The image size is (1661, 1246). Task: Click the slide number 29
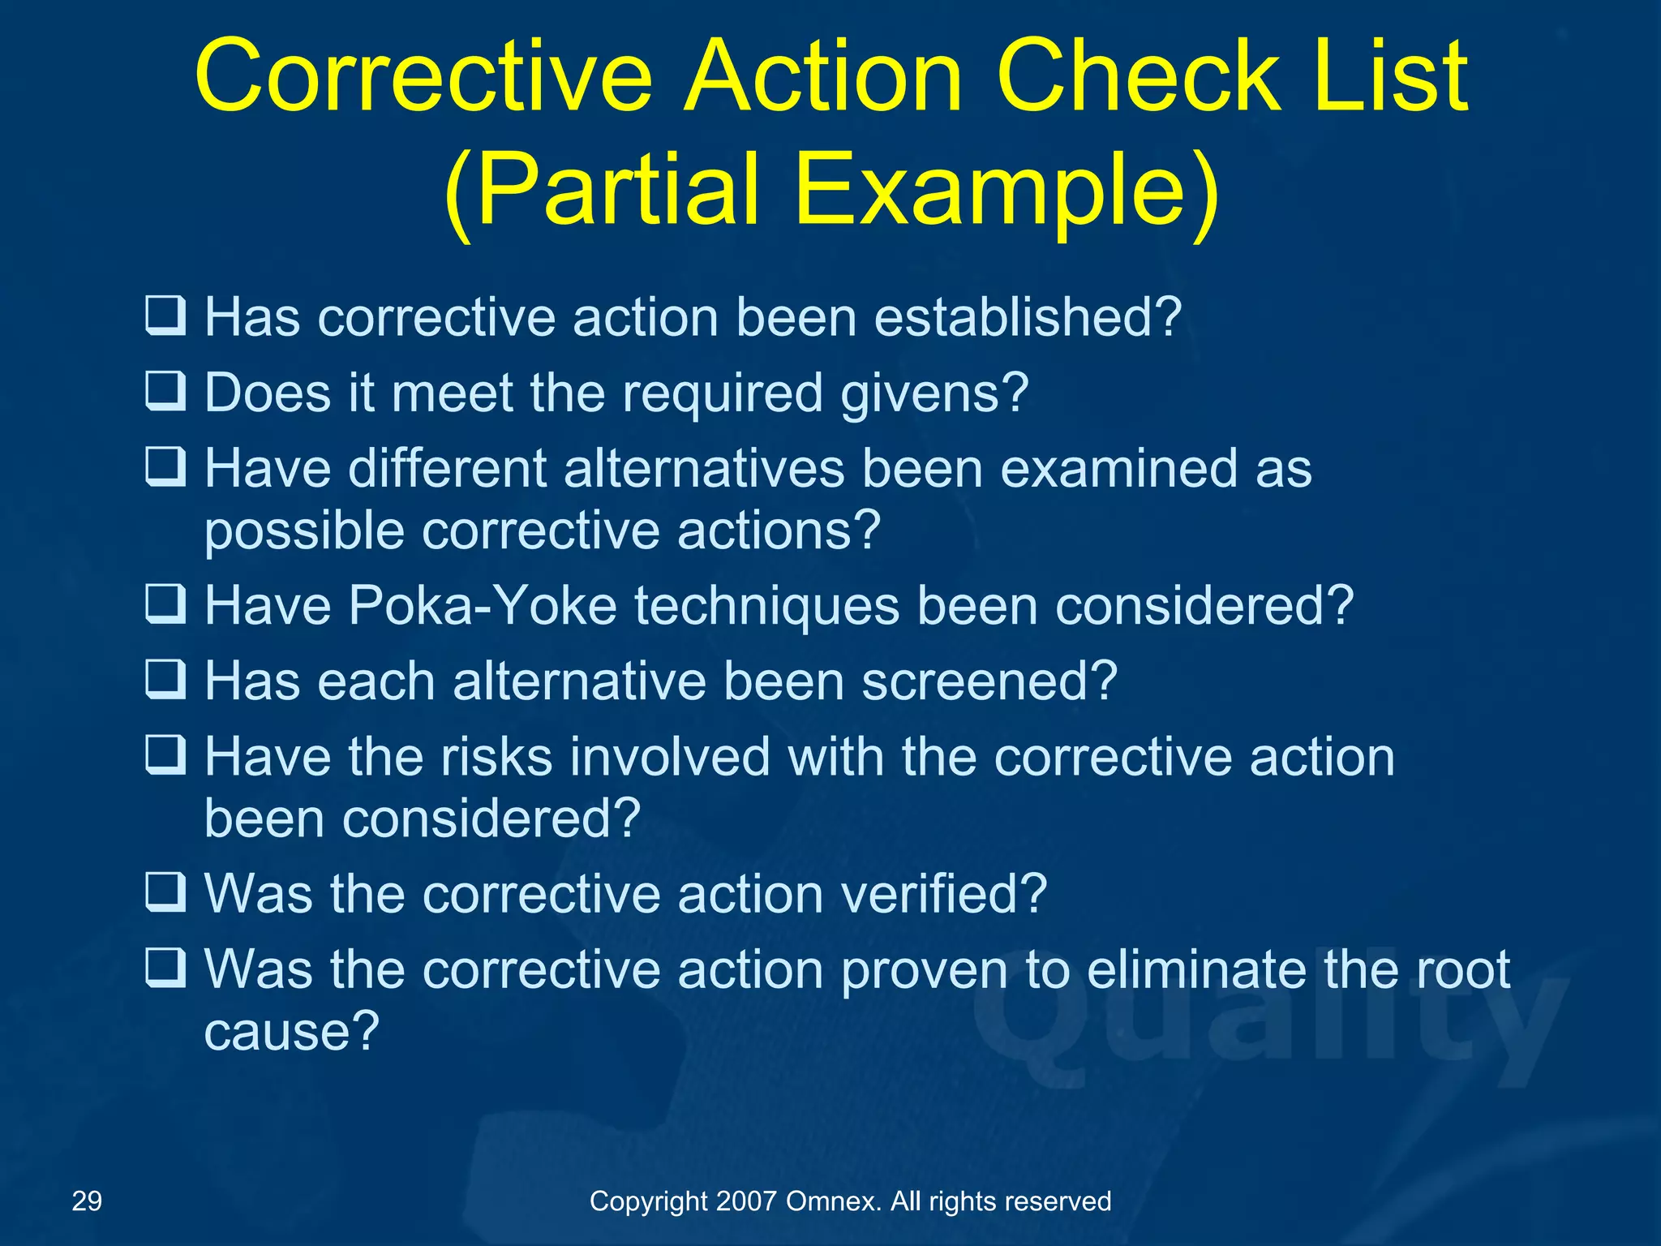(x=87, y=1201)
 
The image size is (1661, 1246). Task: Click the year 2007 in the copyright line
(x=746, y=1201)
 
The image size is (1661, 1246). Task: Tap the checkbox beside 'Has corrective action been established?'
(x=165, y=316)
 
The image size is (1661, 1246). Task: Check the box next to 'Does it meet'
(x=165, y=392)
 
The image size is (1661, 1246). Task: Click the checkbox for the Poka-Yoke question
(x=165, y=605)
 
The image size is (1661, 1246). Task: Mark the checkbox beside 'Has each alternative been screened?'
(x=165, y=680)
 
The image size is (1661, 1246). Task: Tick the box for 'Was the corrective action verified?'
(x=165, y=893)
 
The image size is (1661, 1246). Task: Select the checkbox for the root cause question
(x=165, y=969)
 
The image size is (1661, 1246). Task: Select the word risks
(x=496, y=757)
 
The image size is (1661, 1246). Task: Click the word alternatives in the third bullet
(x=704, y=469)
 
